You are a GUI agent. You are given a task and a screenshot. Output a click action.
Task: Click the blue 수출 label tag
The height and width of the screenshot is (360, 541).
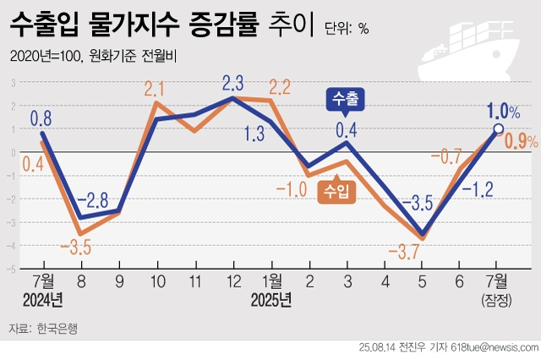point(345,98)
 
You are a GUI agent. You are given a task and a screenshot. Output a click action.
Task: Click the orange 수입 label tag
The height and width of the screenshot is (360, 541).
point(336,193)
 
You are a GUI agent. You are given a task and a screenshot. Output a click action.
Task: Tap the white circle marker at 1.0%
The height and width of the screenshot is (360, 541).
point(499,129)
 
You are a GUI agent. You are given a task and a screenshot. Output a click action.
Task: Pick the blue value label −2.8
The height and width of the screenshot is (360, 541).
point(92,200)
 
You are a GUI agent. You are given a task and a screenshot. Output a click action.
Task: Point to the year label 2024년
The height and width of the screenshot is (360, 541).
point(44,299)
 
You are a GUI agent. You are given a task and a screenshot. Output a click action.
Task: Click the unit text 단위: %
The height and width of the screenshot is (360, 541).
point(347,28)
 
